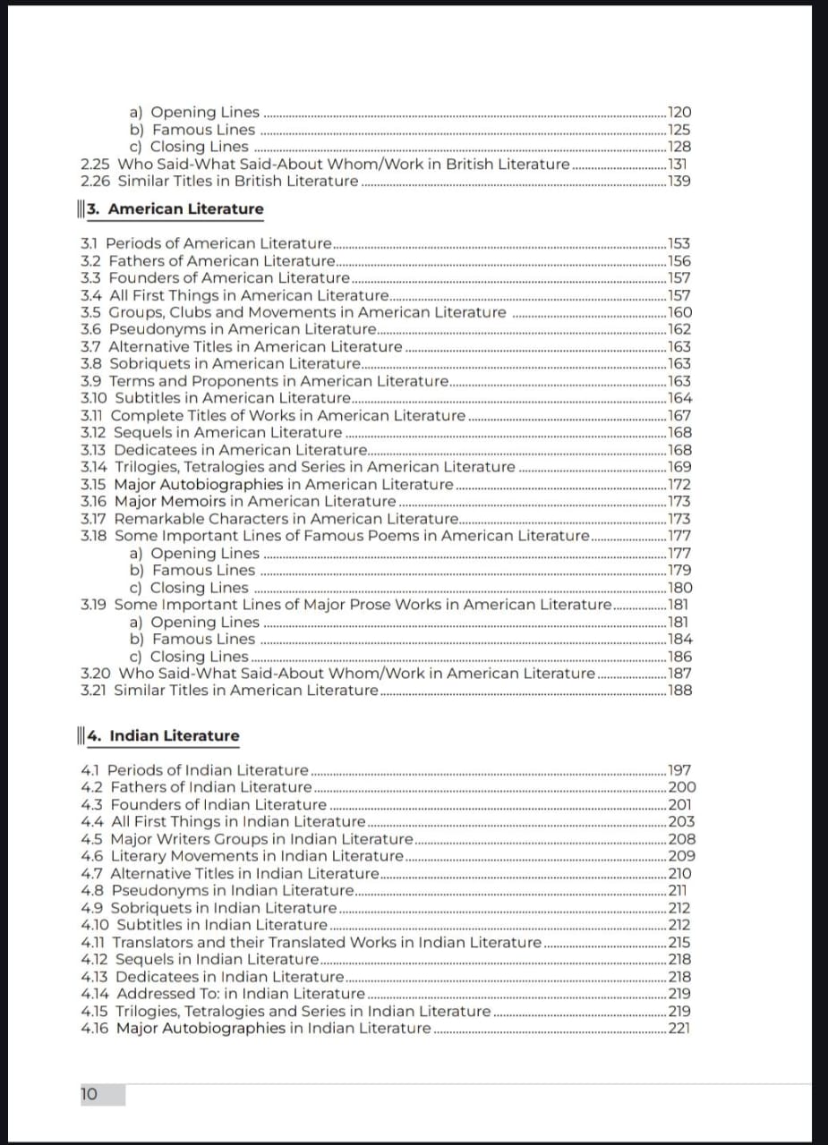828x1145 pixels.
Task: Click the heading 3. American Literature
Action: coord(185,209)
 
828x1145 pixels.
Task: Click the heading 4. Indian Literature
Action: coord(174,736)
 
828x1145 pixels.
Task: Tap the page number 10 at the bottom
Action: coord(90,1094)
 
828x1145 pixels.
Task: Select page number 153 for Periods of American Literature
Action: coord(679,243)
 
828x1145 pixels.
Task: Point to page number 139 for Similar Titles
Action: coord(679,182)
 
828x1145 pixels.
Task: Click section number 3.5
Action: coord(91,312)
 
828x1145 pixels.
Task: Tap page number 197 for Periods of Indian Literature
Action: coord(679,770)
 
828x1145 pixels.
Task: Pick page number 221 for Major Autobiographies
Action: coord(679,1028)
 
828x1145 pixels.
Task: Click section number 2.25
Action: coord(96,165)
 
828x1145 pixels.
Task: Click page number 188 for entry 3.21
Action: coord(679,690)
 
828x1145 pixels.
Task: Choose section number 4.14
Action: coord(95,994)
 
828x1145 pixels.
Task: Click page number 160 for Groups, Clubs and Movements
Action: coord(679,312)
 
